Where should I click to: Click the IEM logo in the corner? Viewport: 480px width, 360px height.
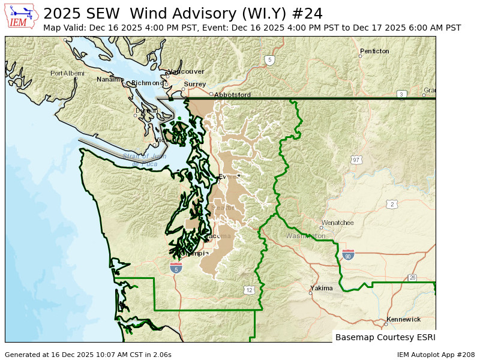[22, 16]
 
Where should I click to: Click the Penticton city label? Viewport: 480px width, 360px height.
[374, 52]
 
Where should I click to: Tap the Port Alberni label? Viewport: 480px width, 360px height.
[67, 73]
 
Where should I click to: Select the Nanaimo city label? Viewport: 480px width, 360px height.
[110, 79]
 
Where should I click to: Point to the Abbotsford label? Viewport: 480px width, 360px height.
[232, 95]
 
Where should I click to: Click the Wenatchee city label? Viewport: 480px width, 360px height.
[338, 223]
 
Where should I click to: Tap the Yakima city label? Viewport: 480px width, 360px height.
[322, 288]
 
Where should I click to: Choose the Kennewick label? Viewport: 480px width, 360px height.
[403, 319]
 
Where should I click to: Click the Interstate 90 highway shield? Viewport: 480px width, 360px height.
[348, 255]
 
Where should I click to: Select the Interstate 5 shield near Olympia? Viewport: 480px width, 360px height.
[176, 268]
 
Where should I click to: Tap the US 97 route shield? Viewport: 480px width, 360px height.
[356, 160]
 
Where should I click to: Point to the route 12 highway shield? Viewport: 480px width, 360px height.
[250, 290]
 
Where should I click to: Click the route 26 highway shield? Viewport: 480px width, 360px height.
[412, 277]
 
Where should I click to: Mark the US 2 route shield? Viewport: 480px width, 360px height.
[392, 205]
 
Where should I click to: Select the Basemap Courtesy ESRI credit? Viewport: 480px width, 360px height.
[385, 337]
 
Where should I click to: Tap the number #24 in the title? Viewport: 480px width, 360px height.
[309, 14]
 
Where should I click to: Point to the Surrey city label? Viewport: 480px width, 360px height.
[195, 84]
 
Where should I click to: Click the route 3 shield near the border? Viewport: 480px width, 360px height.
[401, 94]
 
